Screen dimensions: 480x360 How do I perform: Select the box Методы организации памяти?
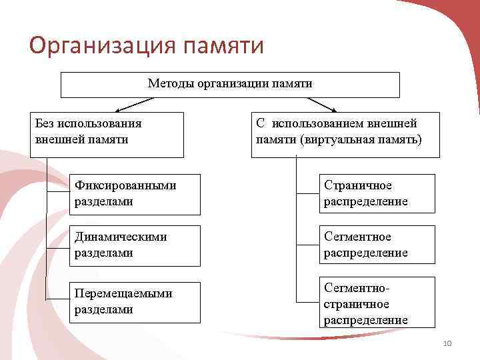click(x=230, y=85)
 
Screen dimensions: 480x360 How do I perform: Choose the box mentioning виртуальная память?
click(x=345, y=134)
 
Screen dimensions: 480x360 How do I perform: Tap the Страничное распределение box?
click(x=377, y=193)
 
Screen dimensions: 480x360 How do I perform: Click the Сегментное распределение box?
click(x=377, y=245)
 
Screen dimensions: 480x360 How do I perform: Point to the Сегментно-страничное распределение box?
click(x=377, y=303)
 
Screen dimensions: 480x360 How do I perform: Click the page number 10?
click(x=447, y=343)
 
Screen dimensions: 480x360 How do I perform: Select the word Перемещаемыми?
click(x=124, y=293)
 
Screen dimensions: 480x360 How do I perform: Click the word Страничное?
click(x=358, y=186)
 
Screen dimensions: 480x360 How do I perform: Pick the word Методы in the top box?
click(x=167, y=84)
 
